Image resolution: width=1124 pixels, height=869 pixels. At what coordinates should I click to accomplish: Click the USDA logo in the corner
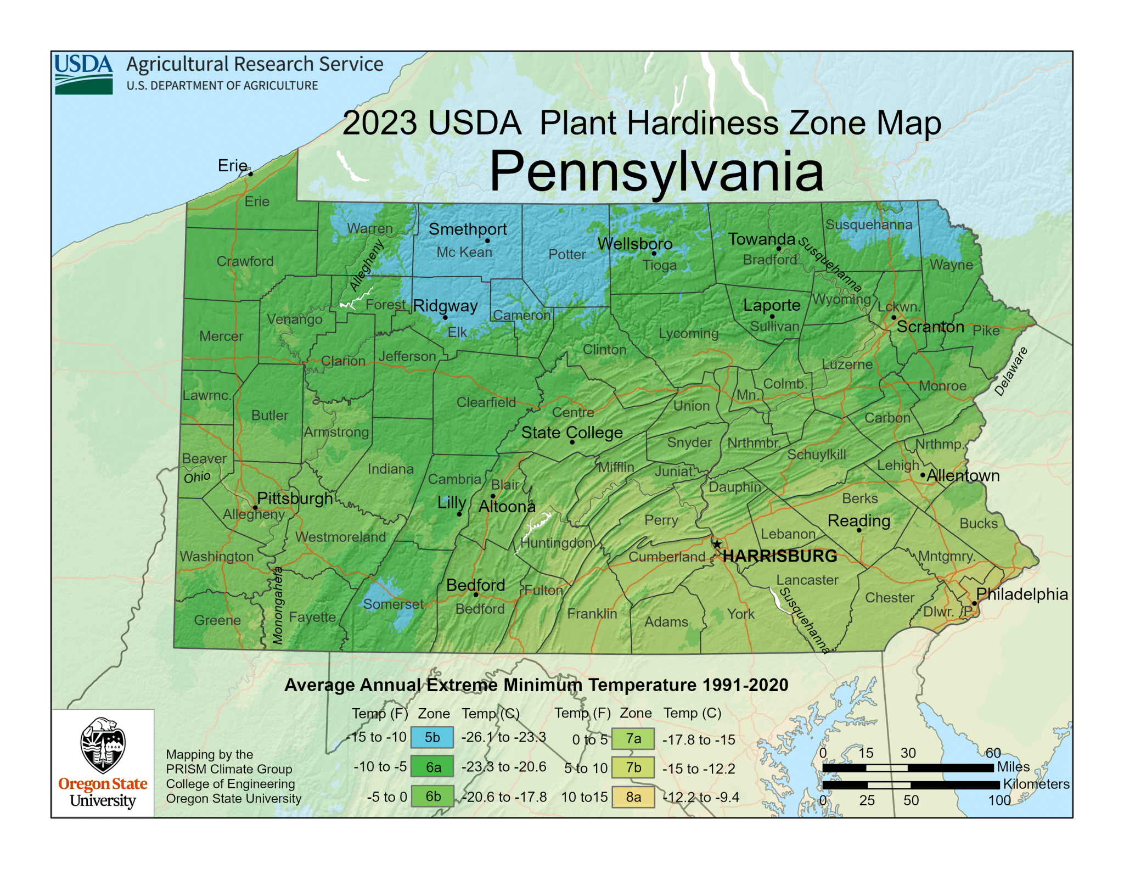(x=83, y=74)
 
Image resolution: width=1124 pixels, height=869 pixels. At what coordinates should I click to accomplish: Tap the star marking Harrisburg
(x=717, y=544)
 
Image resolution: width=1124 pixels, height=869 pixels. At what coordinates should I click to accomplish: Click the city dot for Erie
(x=251, y=173)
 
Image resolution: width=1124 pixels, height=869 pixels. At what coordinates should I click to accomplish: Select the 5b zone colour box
(x=432, y=737)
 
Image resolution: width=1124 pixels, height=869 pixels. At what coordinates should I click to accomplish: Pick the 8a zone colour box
(x=633, y=797)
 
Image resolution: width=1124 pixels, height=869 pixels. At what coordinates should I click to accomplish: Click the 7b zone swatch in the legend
(x=633, y=767)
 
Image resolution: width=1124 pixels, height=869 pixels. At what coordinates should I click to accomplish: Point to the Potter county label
(x=567, y=254)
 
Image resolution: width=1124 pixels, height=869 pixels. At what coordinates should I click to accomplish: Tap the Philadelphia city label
(x=1021, y=594)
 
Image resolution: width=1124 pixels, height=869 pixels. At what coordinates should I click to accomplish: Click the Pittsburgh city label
(x=295, y=498)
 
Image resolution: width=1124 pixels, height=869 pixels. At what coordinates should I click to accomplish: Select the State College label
(x=572, y=432)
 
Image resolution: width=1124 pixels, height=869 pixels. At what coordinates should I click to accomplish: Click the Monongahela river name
(x=278, y=605)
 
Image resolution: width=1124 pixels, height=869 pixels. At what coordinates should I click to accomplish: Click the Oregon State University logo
(x=103, y=763)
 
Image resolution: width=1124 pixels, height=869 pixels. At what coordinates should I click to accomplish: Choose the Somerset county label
(x=393, y=604)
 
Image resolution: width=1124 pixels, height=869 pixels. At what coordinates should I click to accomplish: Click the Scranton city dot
(x=893, y=317)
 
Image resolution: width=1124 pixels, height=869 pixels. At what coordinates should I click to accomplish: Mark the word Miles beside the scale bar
(x=1013, y=766)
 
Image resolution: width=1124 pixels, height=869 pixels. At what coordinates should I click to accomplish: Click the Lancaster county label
(x=807, y=580)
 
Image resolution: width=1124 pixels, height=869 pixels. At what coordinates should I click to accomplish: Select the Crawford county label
(x=245, y=261)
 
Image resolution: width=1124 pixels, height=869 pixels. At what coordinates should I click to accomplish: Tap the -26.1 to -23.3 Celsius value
(x=503, y=737)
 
